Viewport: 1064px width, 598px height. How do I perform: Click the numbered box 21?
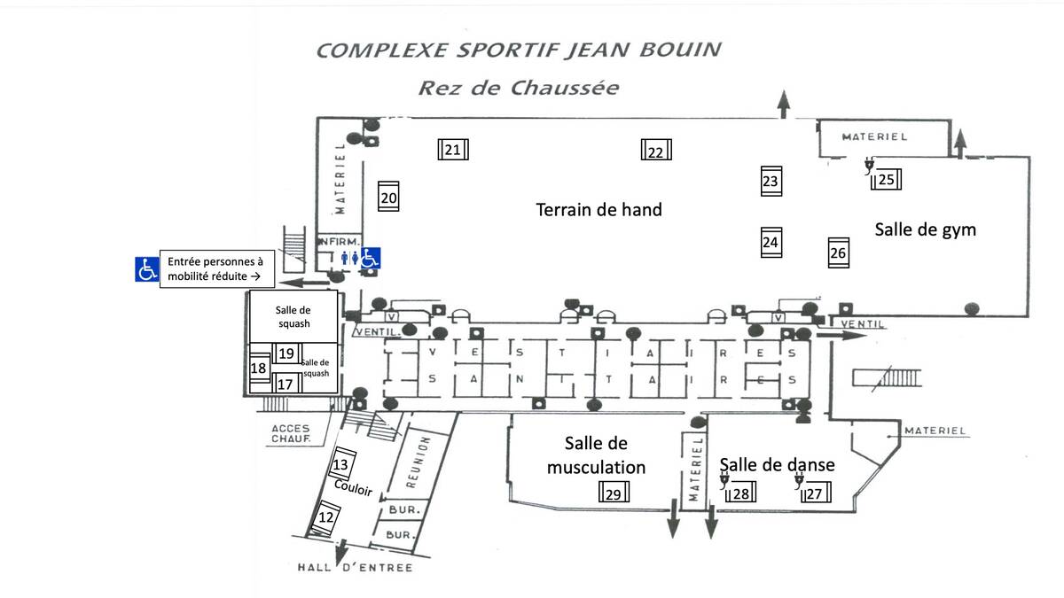tap(453, 150)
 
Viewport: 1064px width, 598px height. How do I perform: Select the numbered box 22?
tap(656, 150)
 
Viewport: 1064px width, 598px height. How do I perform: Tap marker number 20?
tap(388, 197)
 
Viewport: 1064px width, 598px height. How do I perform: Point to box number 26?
tap(839, 252)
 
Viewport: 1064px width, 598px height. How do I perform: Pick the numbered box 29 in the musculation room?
tap(614, 492)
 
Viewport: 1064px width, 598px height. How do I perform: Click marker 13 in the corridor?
tap(342, 463)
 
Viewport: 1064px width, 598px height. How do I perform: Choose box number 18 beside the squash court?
tap(259, 369)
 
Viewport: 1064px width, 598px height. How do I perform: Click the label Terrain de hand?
tap(599, 210)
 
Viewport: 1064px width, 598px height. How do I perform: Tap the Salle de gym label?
tap(926, 229)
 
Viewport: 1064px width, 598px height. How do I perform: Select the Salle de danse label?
tap(777, 464)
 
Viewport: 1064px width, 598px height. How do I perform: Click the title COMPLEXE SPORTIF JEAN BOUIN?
tap(519, 50)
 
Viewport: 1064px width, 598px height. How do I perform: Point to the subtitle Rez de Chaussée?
tap(519, 88)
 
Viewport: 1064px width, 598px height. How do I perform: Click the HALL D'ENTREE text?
tap(356, 567)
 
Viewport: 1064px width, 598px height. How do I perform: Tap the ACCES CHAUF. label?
tap(291, 434)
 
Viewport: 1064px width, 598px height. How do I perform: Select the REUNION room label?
tap(418, 462)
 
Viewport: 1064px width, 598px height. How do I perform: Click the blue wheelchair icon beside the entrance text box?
tap(147, 269)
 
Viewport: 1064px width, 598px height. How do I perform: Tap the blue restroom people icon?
tap(349, 258)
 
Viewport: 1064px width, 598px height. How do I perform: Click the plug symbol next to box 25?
tap(869, 167)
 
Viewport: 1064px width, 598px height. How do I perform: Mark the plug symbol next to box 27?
tap(799, 481)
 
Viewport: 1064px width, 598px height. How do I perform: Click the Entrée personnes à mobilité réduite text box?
tap(217, 269)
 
